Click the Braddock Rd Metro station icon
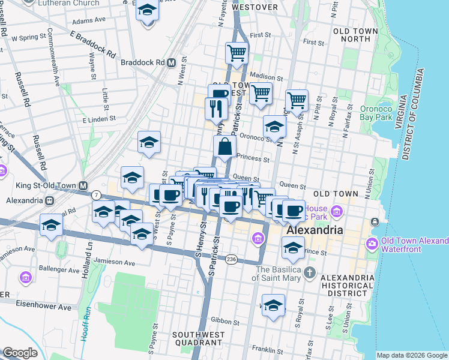click(x=172, y=62)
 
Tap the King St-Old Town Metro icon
click(x=83, y=186)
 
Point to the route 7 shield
click(x=96, y=195)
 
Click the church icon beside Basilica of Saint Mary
click(x=309, y=274)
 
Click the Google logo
click(x=20, y=353)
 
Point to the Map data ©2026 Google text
click(x=412, y=355)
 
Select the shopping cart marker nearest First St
click(x=237, y=53)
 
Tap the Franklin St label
click(x=267, y=349)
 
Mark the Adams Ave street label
click(x=88, y=20)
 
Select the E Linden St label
click(x=89, y=120)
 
